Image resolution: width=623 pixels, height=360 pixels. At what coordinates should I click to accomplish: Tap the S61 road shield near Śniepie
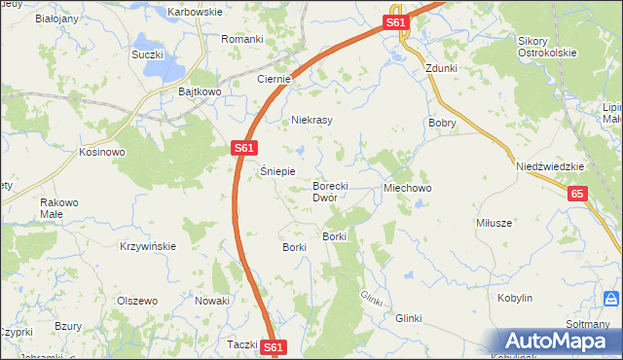[244, 148]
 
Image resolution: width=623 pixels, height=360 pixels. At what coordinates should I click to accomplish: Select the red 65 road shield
[578, 195]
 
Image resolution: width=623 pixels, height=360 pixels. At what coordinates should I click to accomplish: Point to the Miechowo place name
[408, 187]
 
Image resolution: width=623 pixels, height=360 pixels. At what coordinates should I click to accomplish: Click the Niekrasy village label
[312, 121]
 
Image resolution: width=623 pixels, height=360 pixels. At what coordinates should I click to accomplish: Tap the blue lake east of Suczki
[171, 67]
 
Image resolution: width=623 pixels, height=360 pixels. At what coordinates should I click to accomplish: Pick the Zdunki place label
[441, 69]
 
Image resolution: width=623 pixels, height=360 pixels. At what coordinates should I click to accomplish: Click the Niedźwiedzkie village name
[550, 166]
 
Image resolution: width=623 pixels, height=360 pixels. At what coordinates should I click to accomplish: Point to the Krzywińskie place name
[148, 246]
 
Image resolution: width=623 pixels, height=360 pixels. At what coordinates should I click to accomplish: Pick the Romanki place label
[242, 39]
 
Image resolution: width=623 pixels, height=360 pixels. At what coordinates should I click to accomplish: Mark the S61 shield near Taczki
[274, 346]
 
